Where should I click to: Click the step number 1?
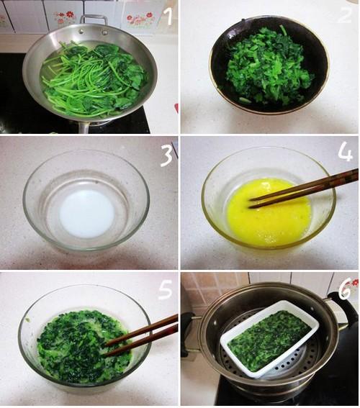tap(169, 16)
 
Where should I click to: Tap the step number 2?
tap(345, 15)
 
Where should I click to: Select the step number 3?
tap(166, 155)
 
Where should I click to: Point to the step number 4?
tap(345, 153)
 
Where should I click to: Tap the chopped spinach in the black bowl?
tap(269, 68)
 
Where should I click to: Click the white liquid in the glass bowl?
tap(86, 214)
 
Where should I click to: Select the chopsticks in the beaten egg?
tap(304, 188)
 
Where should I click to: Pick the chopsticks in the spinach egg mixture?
tap(141, 335)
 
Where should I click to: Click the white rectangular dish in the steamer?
tap(270, 339)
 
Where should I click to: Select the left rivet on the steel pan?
tap(81, 31)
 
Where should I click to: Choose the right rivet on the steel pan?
tap(104, 32)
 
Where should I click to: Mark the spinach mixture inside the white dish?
tap(269, 340)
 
